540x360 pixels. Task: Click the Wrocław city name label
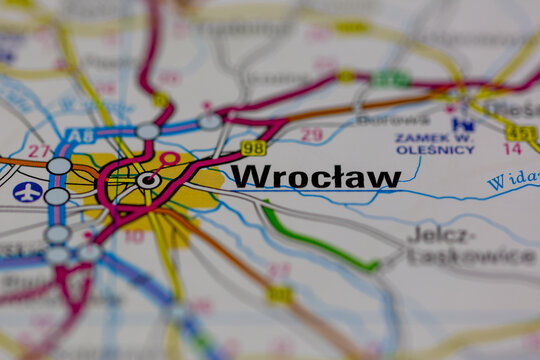[x=315, y=177]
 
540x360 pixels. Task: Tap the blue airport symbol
[x=27, y=191]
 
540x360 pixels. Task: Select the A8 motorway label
[x=79, y=135]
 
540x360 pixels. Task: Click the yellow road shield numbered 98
[x=253, y=148]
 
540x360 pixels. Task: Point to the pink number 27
[x=38, y=151]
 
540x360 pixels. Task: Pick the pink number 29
[x=312, y=135]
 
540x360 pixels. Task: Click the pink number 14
[x=512, y=149]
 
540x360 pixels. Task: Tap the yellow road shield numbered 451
[x=520, y=132]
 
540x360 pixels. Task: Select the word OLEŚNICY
[x=435, y=150]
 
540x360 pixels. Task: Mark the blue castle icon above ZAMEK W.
[x=462, y=124]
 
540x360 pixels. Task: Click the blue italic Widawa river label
[x=512, y=180]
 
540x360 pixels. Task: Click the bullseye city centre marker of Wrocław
[x=148, y=180]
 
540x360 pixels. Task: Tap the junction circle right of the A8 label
[x=148, y=131]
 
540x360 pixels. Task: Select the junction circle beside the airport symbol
[x=57, y=196]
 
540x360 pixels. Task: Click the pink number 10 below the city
[x=134, y=237]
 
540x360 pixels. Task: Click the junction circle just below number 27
[x=59, y=166]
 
